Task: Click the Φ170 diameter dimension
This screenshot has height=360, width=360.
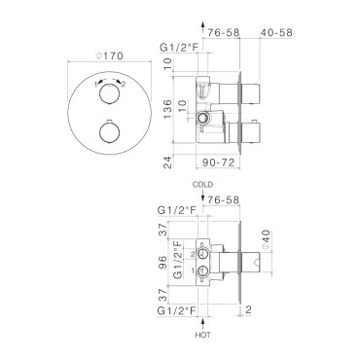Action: [x=109, y=56]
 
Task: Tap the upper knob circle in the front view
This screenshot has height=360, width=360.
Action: [x=109, y=94]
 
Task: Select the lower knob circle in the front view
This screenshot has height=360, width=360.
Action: [x=109, y=133]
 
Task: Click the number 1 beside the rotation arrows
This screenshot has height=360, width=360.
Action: [x=96, y=85]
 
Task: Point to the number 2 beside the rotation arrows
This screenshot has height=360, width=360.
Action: [x=124, y=85]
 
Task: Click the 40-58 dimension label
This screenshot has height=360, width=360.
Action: [x=276, y=33]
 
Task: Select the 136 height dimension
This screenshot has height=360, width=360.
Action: [x=167, y=109]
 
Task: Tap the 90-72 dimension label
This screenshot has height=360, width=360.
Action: [x=218, y=162]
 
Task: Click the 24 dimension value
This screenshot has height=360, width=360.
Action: [x=167, y=162]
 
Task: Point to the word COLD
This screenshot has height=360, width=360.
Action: [x=202, y=185]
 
